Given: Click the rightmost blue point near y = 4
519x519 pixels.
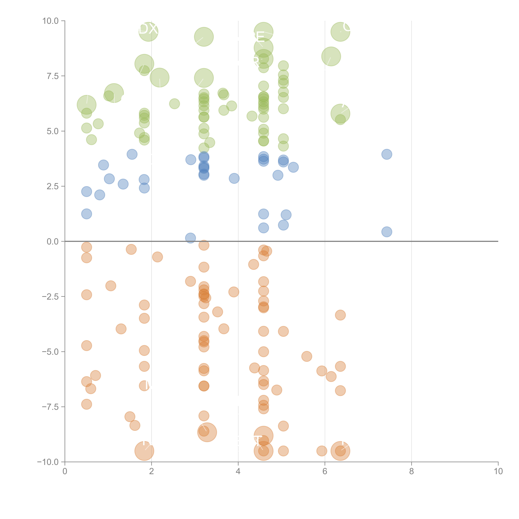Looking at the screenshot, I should coord(387,154).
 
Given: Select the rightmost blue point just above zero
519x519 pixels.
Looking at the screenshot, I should coord(387,232).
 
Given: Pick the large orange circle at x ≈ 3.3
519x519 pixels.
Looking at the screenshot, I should coord(207,432).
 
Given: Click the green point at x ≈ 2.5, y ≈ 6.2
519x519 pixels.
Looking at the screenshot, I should coord(174,104).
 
